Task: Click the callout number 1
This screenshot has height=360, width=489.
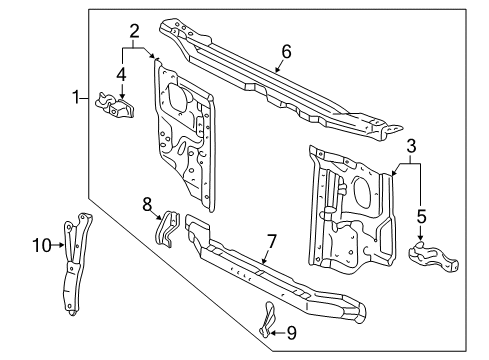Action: point(74,97)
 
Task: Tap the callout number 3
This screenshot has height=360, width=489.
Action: point(409,147)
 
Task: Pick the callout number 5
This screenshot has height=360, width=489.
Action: point(421,215)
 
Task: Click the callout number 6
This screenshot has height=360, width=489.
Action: point(286,52)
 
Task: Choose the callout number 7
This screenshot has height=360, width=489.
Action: point(271,242)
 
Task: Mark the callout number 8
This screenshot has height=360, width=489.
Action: point(147,204)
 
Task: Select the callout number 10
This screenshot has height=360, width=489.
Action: point(40,243)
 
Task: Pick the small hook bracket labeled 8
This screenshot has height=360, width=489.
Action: point(168,229)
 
